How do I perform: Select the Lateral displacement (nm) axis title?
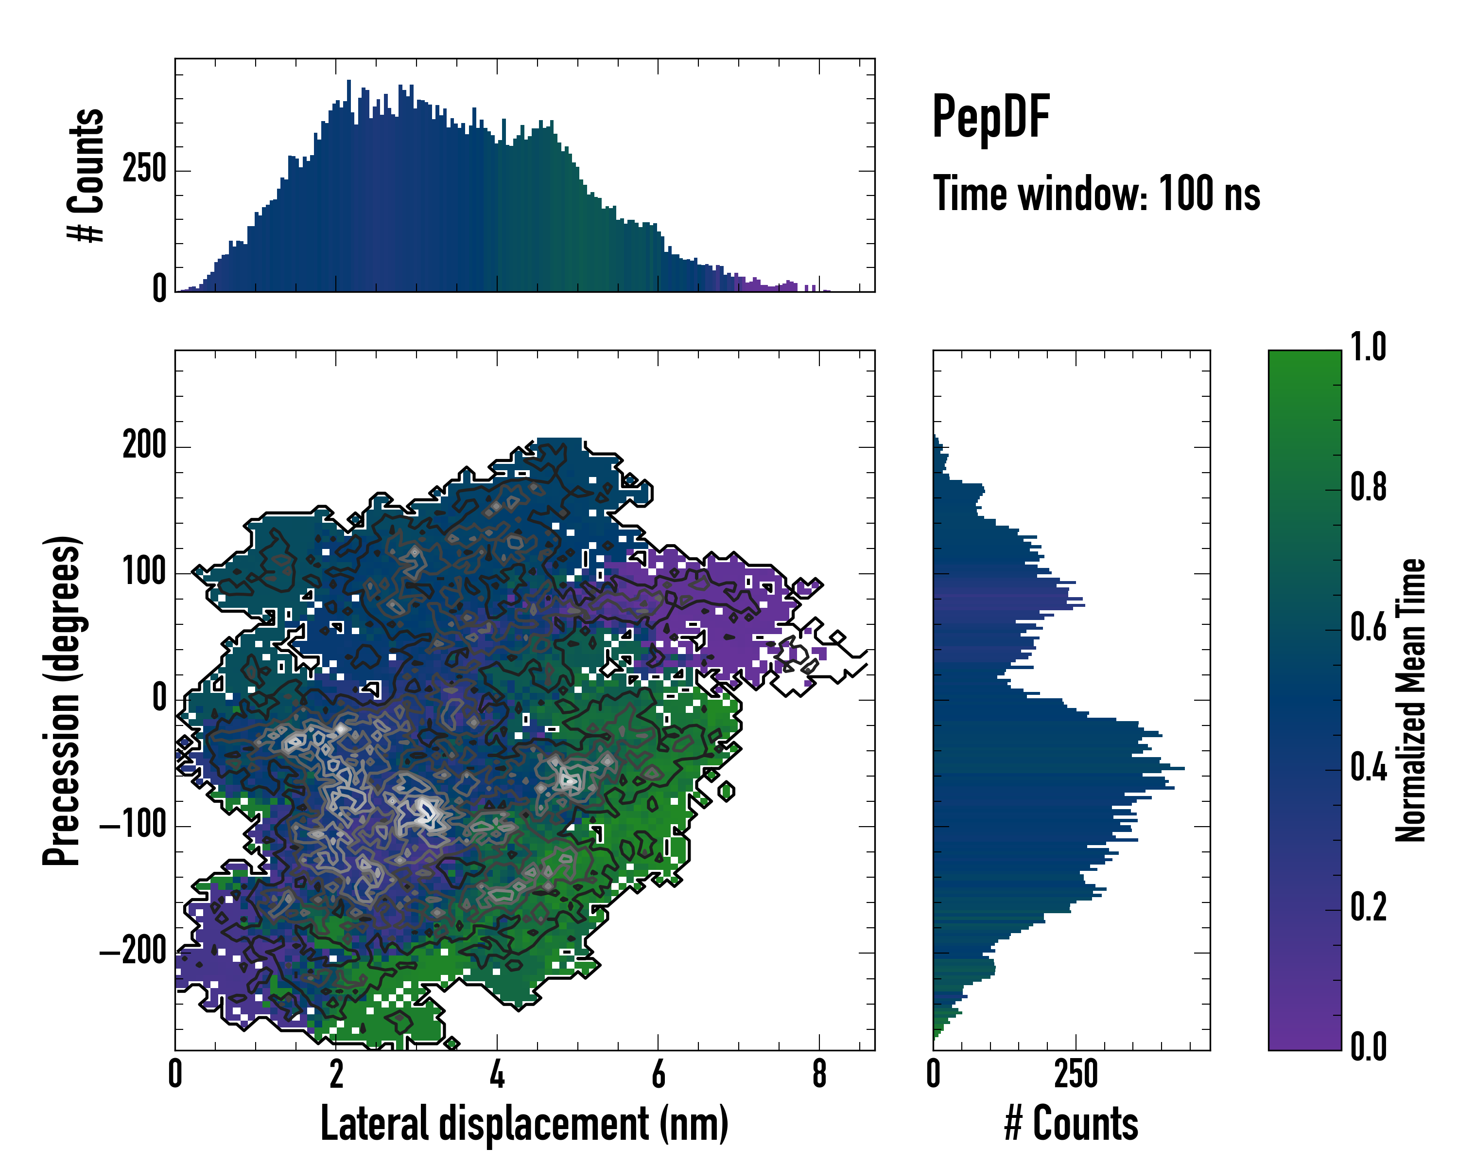pyautogui.click(x=524, y=1124)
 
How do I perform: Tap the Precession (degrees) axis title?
pyautogui.click(x=63, y=700)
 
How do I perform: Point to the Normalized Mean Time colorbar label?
pyautogui.click(x=1411, y=700)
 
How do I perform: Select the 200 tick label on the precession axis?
pyautogui.click(x=144, y=446)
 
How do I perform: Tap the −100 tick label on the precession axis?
pyautogui.click(x=133, y=826)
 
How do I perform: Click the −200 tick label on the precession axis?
pyautogui.click(x=133, y=953)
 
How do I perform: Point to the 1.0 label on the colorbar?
pyautogui.click(x=1368, y=348)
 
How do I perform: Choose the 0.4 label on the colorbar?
pyautogui.click(x=1368, y=769)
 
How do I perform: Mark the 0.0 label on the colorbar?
pyautogui.click(x=1368, y=1048)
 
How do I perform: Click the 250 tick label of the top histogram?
pyautogui.click(x=144, y=170)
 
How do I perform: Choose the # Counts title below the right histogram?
pyautogui.click(x=1071, y=1124)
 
